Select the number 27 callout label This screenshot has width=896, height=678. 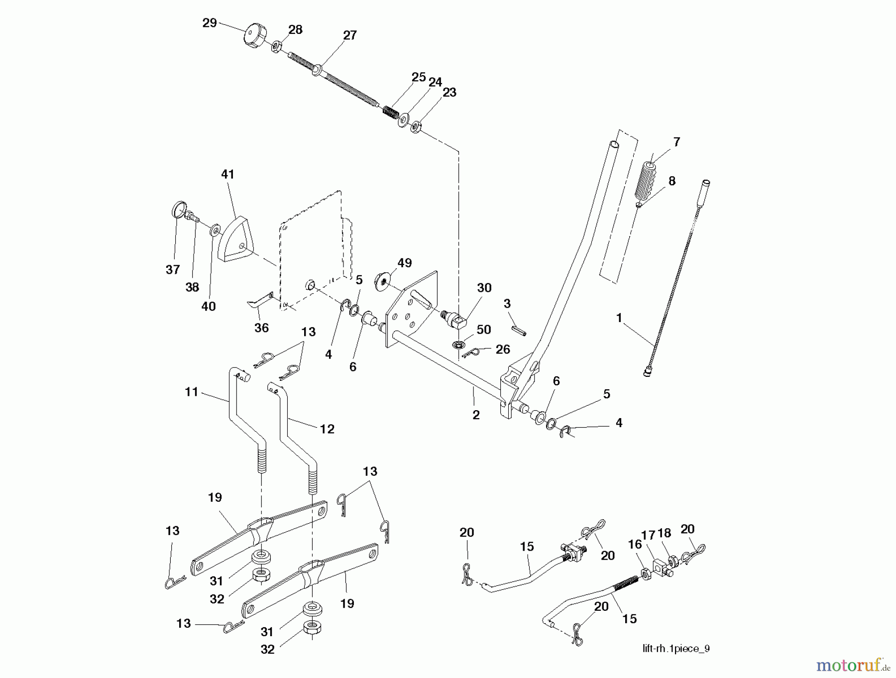349,35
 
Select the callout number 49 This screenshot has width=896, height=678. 405,263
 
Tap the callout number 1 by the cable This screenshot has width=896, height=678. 619,318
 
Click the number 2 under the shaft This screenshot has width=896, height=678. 476,415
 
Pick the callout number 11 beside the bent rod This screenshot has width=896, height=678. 192,392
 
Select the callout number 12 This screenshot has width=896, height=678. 327,429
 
